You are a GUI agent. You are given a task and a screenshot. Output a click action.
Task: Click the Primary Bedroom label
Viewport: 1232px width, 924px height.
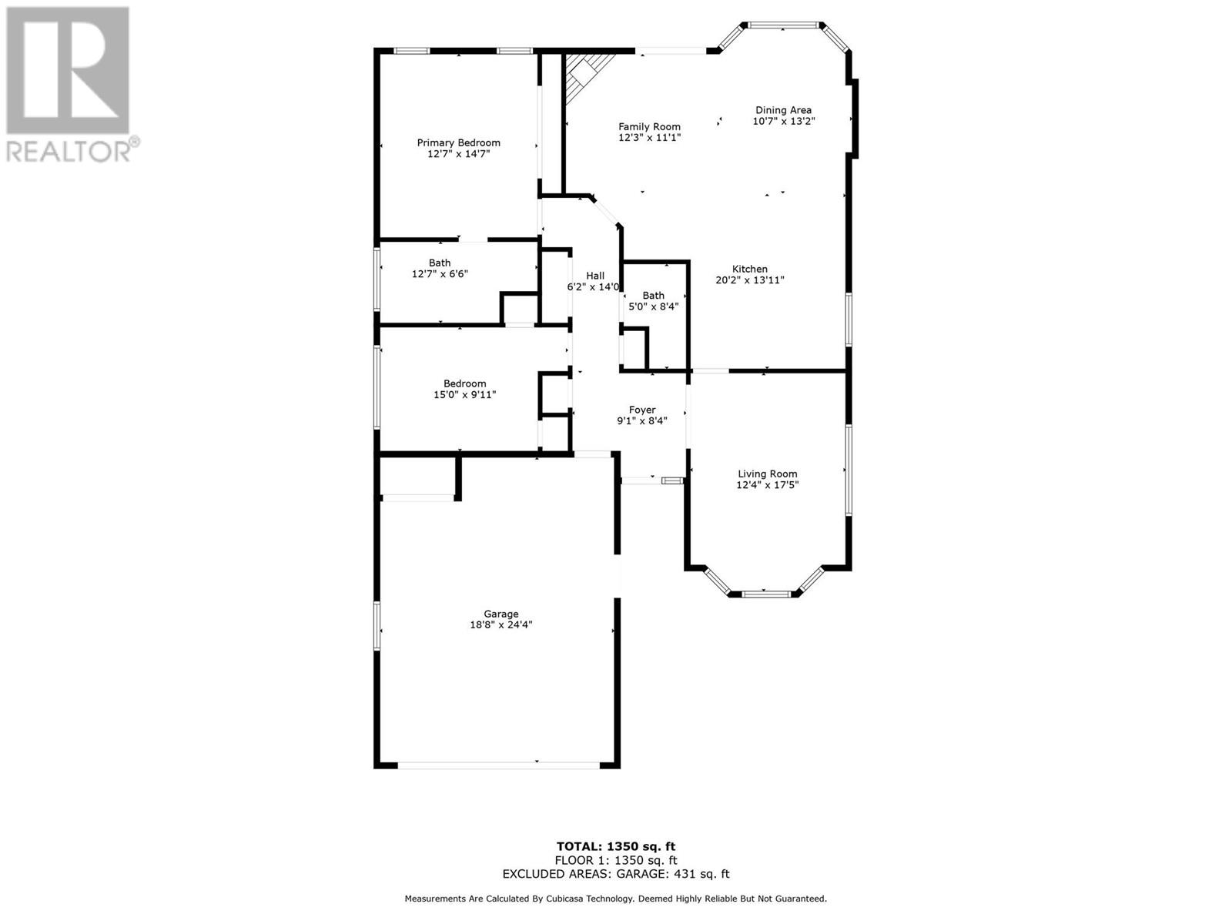(458, 142)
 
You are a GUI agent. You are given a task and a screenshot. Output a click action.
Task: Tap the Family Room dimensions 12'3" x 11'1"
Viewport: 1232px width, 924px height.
(649, 138)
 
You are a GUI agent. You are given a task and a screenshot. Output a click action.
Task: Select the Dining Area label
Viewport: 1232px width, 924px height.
(783, 110)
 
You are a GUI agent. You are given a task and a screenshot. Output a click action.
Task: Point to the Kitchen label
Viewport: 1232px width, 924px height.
(749, 269)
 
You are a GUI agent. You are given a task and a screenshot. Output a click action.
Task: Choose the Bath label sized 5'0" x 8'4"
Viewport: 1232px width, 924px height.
(653, 295)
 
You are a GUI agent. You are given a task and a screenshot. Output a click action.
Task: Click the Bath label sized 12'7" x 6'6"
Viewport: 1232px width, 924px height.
(440, 263)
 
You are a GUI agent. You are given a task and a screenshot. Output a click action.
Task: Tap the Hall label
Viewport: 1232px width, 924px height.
(595, 276)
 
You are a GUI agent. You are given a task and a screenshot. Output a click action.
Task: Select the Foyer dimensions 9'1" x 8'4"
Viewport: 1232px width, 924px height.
(641, 421)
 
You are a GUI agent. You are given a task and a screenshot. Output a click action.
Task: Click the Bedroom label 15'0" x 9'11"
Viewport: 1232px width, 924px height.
(464, 383)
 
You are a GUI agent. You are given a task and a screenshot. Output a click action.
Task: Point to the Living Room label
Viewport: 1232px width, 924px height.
(767, 474)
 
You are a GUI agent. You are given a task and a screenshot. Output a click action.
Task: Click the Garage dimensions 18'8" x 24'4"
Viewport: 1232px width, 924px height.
(500, 625)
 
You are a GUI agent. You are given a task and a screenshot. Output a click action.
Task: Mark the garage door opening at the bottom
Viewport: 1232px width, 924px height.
(498, 765)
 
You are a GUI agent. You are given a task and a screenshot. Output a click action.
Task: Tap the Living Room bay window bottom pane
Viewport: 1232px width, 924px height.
(766, 594)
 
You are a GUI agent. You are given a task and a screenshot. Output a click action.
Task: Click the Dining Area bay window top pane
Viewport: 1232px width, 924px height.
(782, 25)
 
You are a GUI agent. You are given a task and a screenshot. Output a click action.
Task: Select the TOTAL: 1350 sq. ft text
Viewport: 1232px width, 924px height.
(616, 846)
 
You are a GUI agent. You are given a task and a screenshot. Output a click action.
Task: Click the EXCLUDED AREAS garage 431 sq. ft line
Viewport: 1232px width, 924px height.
(616, 874)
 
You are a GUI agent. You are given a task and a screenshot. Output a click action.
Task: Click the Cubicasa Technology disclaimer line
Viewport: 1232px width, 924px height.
(616, 899)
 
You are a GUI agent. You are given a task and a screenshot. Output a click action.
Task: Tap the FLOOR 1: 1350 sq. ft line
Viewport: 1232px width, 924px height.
(616, 860)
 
